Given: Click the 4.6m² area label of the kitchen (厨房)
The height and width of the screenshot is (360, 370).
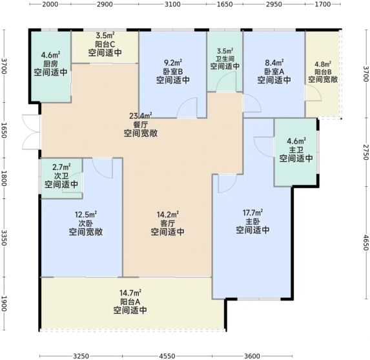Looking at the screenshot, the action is pos(50,56).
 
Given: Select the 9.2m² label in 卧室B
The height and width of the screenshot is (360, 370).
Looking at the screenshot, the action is pos(173,63).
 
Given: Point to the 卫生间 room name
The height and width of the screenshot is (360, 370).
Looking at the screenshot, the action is pos(225,58).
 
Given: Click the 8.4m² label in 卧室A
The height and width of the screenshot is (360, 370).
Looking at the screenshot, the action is pos(274,63).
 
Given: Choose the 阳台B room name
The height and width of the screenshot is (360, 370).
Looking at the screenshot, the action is pos(323,72).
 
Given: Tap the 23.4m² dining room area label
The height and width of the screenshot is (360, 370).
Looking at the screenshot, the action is pos(141,116).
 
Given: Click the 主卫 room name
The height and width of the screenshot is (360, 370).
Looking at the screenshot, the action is pos(296,150).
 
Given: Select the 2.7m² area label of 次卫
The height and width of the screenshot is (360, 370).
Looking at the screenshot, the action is pos(61,167).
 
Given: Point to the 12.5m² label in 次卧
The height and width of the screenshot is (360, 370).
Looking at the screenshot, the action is pos(86,215).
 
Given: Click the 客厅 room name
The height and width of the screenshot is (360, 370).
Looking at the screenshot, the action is pos(167,223).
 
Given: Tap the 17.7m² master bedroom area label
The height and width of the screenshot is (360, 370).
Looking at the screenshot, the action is pos(252,213).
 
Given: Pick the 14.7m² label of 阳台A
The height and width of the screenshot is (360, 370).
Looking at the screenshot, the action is pos(130,293).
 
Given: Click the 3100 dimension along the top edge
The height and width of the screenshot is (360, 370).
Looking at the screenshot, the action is pos(172,5).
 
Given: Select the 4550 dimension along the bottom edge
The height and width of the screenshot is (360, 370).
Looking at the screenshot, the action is pos(167,356).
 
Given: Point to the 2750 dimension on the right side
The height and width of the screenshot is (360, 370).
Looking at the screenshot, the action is pos(365,153).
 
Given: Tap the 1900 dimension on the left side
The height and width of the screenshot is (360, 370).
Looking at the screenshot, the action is pos(4,304).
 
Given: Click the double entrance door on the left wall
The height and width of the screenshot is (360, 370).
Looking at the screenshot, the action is pos(32,132).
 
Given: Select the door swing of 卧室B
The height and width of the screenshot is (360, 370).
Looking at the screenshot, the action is pos(187,108).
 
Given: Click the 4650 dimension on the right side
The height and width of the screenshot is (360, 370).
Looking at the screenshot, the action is pos(365,242).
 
